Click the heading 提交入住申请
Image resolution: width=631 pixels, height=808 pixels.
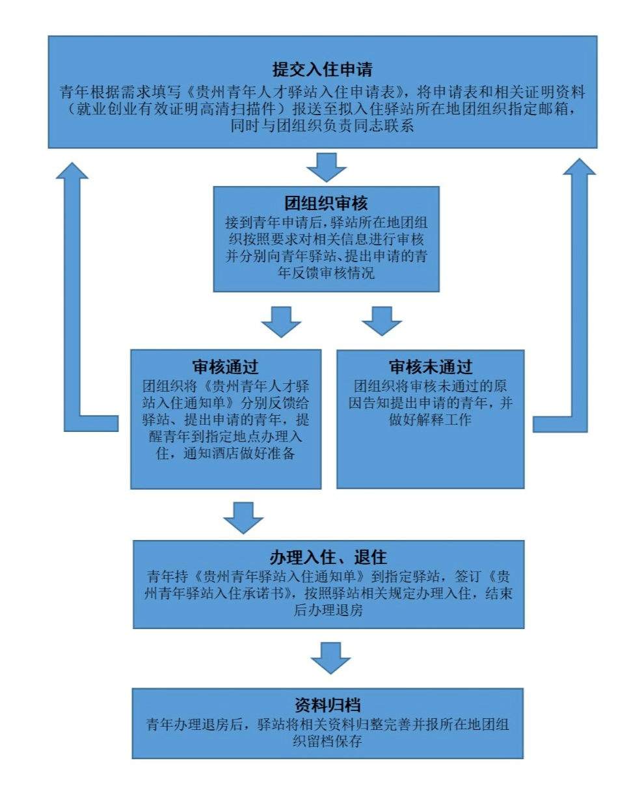(x=322, y=70)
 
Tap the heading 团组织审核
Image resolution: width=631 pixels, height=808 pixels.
(x=326, y=203)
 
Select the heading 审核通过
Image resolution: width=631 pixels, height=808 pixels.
(x=225, y=367)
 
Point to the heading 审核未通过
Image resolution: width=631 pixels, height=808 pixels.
(x=430, y=367)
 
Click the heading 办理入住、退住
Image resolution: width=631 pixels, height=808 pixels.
(x=328, y=557)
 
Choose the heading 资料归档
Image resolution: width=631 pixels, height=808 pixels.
(x=328, y=705)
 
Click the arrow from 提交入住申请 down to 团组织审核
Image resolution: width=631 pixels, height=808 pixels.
(x=326, y=167)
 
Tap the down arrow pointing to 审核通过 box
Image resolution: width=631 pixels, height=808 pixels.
(x=281, y=321)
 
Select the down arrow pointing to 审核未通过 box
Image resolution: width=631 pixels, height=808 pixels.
(x=381, y=321)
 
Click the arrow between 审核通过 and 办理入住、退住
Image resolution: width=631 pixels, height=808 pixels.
(x=243, y=518)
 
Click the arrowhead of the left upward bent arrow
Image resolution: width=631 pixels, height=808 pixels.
(x=72, y=170)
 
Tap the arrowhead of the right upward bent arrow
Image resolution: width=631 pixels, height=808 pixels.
(x=580, y=167)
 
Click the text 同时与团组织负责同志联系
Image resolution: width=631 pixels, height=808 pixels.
(x=322, y=126)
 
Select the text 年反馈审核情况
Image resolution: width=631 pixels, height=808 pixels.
(x=326, y=273)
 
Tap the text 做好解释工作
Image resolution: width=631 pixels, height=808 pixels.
(x=430, y=420)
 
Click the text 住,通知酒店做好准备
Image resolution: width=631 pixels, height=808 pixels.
(x=225, y=453)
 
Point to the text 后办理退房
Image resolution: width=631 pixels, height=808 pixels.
(x=328, y=610)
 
